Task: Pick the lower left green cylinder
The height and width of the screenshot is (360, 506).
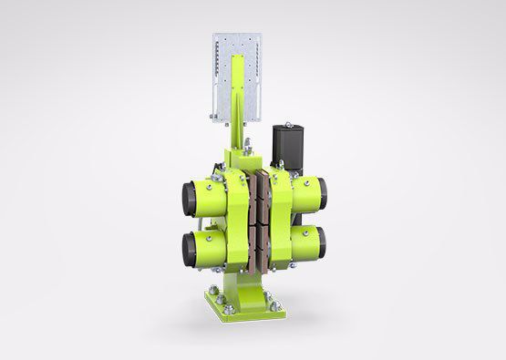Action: pyautogui.click(x=208, y=245)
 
